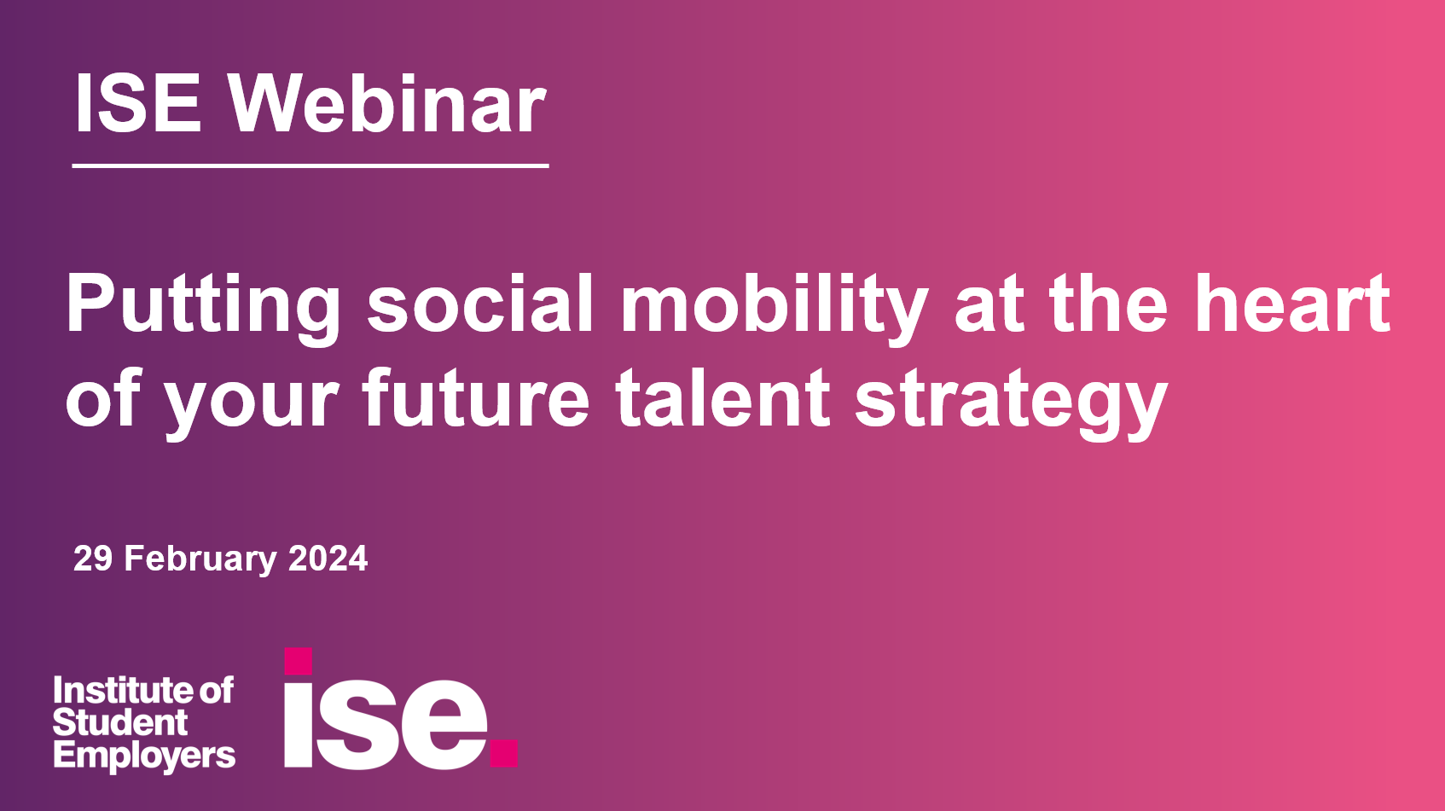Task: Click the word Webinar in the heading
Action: point(386,104)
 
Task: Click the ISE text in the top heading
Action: point(138,104)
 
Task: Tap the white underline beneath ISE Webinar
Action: point(310,165)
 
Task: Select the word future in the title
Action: point(475,398)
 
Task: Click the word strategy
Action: point(1011,401)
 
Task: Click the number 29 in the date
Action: point(93,559)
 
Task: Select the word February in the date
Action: point(200,559)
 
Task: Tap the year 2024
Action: point(328,559)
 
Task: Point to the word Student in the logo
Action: point(119,723)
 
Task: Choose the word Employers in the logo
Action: point(143,756)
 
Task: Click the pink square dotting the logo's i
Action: point(298,661)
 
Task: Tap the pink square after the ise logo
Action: point(504,753)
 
